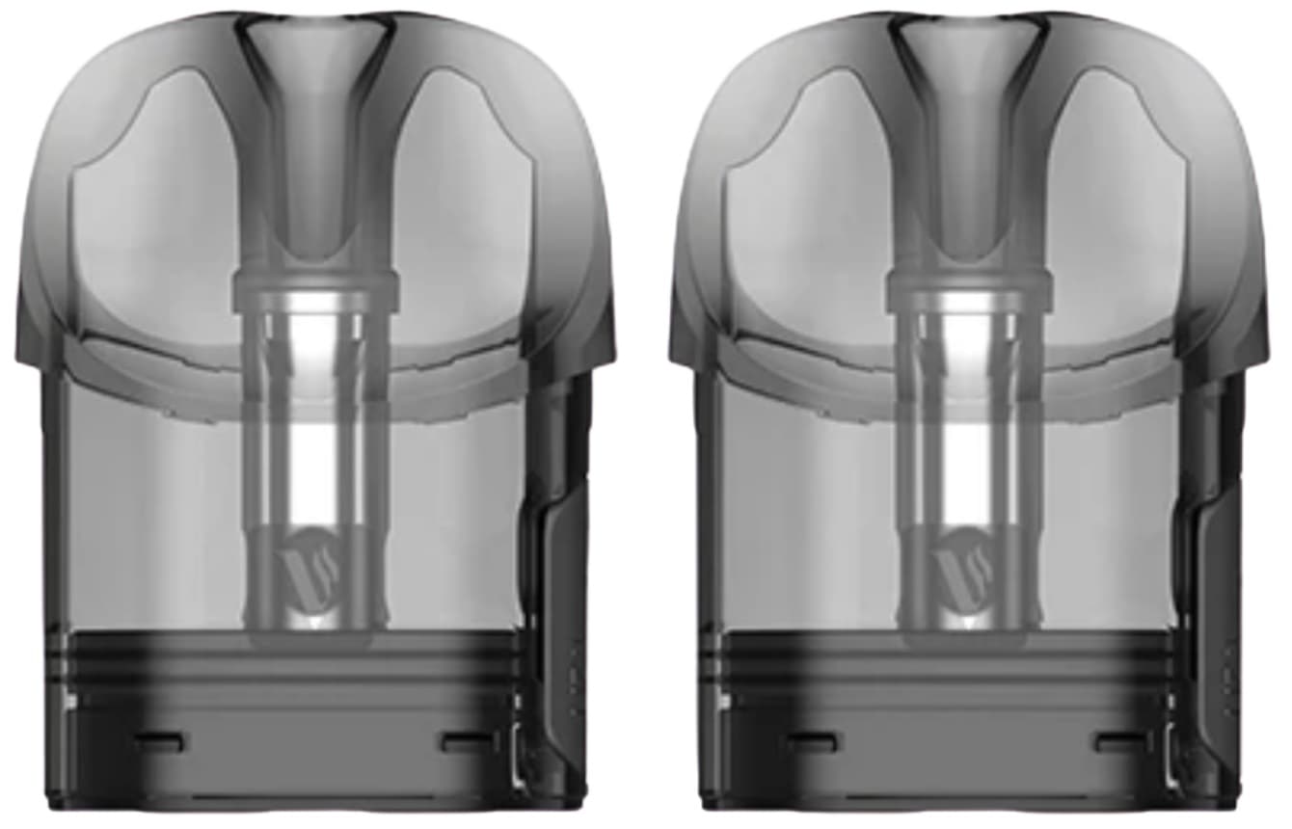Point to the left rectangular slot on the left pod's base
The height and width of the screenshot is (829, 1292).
point(160,741)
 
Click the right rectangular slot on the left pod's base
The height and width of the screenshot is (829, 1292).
point(469,741)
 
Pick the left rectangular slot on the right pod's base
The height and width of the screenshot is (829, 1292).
point(813,741)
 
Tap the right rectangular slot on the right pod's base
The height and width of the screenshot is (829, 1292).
point(1121,741)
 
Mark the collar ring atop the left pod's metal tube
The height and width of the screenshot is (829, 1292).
point(315,283)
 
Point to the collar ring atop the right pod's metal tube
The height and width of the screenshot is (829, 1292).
point(967,283)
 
